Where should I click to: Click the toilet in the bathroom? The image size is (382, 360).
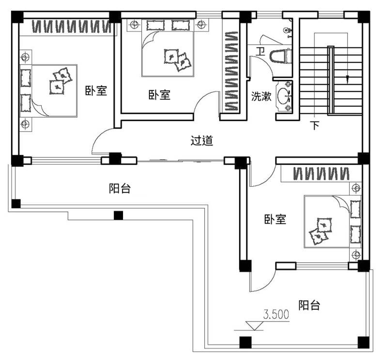pos(280,56)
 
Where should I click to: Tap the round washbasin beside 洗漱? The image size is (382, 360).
pos(283,95)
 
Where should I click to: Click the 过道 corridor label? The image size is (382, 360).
pos(202,141)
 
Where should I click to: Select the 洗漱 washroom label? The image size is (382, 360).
pos(261,96)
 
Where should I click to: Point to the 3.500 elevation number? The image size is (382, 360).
pos(276,315)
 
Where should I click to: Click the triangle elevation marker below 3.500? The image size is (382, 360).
pos(254,326)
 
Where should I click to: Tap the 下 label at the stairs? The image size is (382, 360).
pos(315,125)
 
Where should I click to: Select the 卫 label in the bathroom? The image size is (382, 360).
pos(260,51)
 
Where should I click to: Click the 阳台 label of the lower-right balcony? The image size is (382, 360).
pos(309,305)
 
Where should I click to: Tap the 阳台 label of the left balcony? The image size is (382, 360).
pos(120,188)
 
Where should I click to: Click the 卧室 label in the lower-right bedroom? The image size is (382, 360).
pos(275,219)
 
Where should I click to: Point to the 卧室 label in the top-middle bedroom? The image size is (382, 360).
pos(159,95)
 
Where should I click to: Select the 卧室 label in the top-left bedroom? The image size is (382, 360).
pos(96,90)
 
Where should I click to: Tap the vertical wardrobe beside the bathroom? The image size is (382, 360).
pos(231,71)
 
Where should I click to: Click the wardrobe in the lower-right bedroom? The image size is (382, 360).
pos(321,174)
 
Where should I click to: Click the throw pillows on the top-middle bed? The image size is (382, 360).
pos(177,60)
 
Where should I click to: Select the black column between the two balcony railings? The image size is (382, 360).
pos(119,215)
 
